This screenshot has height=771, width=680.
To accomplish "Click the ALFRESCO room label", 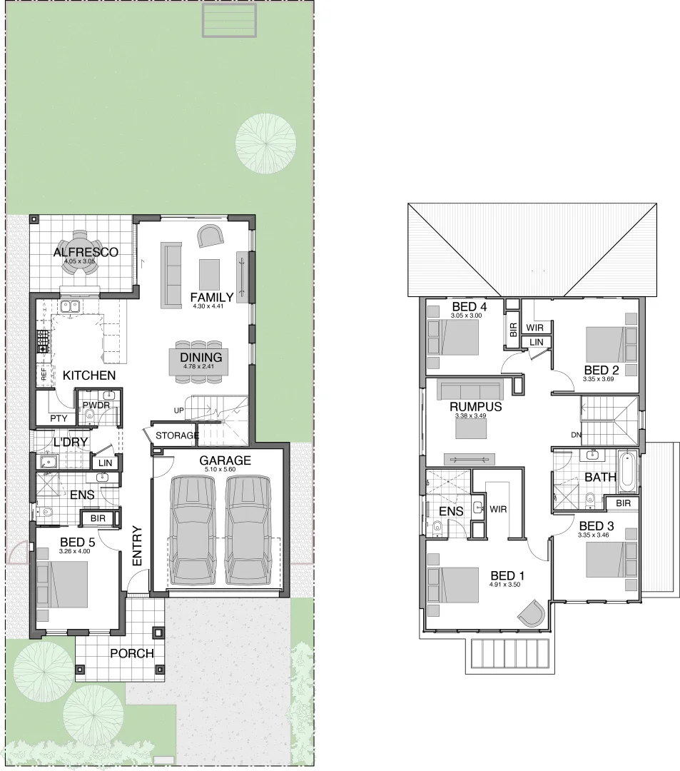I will pos(86,252).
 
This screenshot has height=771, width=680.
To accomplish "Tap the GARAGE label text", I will pos(225,460).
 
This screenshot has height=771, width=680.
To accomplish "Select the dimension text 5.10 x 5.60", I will pos(225,470).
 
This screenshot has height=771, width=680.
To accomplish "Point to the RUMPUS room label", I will pos(475,407).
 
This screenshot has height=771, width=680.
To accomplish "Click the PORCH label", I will pos(132,653).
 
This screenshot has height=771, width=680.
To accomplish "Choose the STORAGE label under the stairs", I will pos(176,435).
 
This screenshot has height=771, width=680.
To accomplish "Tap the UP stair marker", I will pos(180,410).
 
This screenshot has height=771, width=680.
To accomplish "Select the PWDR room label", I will pos(96,405).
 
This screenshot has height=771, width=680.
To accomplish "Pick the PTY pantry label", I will pos(58,419).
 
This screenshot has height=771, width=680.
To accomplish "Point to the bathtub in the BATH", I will pos(626,472).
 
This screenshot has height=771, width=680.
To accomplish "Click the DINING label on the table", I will pos(201,358).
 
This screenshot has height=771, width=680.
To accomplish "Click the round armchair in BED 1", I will pos(530,613).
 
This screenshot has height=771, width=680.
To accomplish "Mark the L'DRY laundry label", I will pos(71,443).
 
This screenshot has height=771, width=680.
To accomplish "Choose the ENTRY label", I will pos(138,547).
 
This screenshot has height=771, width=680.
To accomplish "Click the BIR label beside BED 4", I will pos(512,331).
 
